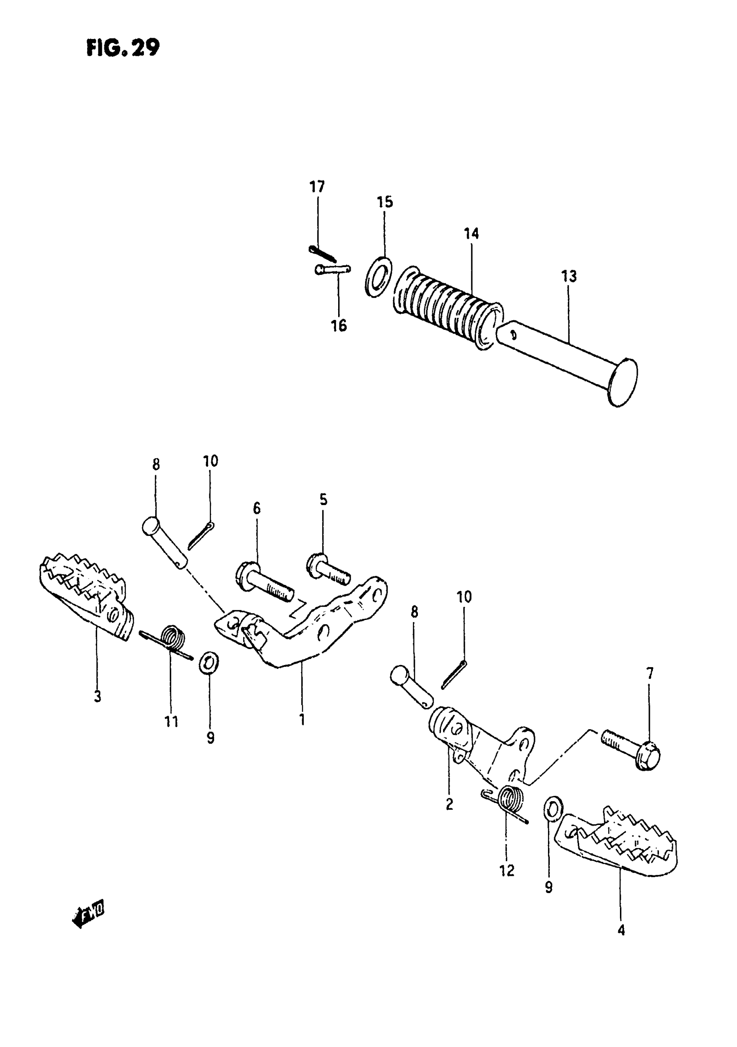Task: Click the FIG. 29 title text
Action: [123, 47]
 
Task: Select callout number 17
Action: [317, 186]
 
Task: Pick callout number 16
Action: [339, 326]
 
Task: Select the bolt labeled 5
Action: [327, 568]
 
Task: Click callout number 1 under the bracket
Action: [301, 720]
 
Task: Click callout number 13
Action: [569, 276]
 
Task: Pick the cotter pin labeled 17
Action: [323, 253]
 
